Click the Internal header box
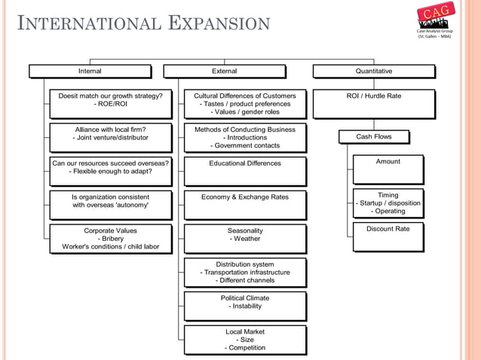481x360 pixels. tap(90, 72)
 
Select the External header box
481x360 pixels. tap(224, 72)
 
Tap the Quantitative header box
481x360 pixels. tap(374, 72)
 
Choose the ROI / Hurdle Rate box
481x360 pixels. tap(374, 104)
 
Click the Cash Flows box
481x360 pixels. tap(374, 137)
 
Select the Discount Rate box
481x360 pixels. tap(388, 236)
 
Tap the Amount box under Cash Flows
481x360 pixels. tap(388, 170)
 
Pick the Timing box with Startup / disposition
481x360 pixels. tap(388, 203)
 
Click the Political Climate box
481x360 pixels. tap(245, 306)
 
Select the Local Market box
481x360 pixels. tap(245, 339)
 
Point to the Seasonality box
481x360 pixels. tap(245, 238)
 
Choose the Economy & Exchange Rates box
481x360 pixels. tap(245, 204)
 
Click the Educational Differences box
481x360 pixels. tap(245, 171)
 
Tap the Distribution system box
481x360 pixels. tap(245, 272)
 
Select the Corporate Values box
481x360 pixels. tap(110, 238)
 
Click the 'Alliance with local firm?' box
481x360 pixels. tap(110, 137)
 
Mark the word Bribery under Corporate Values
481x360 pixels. tap(110, 239)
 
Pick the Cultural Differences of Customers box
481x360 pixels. tap(245, 104)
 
